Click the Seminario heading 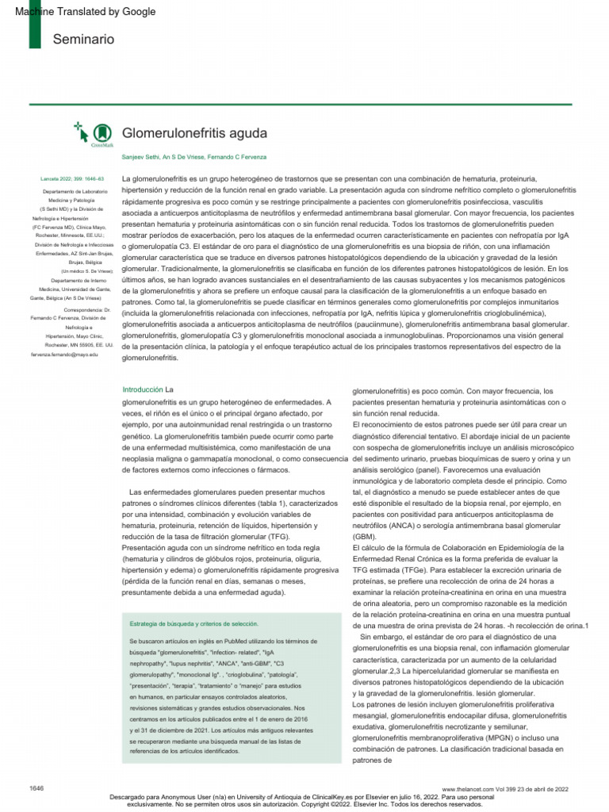coord(83,39)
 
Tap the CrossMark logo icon coord(101,134)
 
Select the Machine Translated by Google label coord(86,12)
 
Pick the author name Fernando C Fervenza coord(237,157)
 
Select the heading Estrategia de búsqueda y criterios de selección coord(194,623)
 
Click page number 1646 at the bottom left coord(36,787)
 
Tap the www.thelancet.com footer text coord(469,789)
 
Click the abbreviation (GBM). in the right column coord(365,536)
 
